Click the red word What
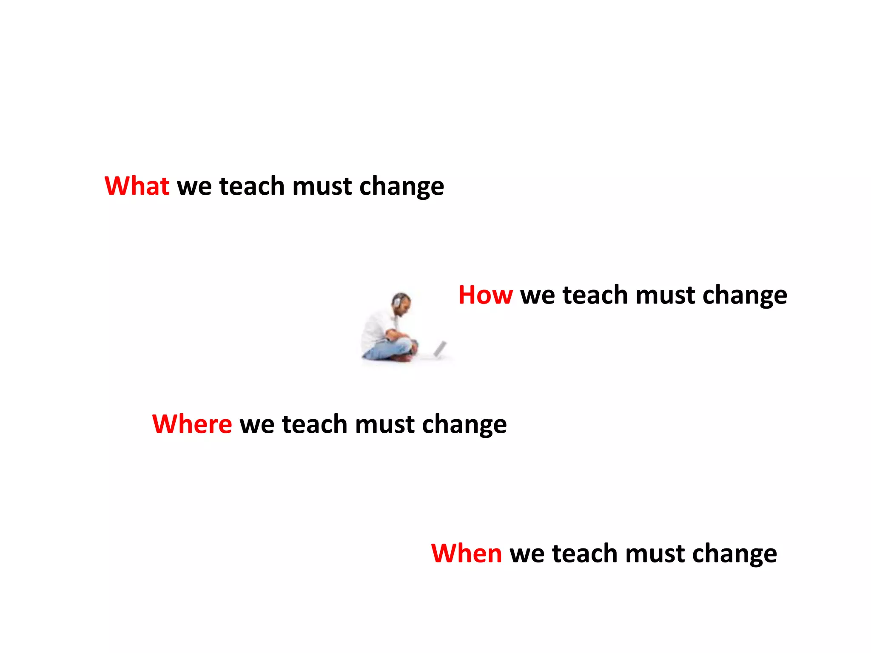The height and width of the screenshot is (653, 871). (137, 186)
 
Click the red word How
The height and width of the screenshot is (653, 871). (485, 295)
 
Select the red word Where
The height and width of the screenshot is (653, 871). (192, 424)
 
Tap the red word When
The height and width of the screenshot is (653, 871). (466, 553)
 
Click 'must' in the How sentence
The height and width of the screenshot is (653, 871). (666, 295)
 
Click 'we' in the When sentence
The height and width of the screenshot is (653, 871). (527, 554)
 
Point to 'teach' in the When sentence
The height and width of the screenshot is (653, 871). (585, 553)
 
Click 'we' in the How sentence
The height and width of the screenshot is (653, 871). (538, 295)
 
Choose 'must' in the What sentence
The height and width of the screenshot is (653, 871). (322, 187)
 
